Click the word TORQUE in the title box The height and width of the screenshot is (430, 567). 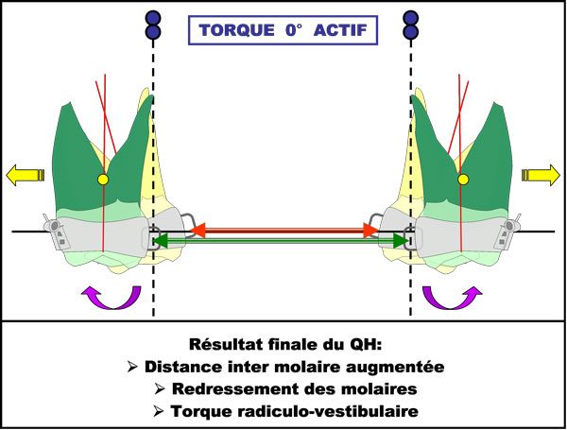tap(237, 30)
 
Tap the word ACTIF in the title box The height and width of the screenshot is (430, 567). tap(340, 30)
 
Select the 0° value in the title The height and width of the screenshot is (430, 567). tap(294, 30)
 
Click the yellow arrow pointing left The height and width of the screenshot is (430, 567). tap(25, 175)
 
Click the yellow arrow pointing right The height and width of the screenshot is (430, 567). tap(541, 175)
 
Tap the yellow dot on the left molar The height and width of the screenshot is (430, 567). tap(103, 180)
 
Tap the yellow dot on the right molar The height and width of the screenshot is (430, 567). tap(463, 180)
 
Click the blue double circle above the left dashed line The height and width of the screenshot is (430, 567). tap(153, 25)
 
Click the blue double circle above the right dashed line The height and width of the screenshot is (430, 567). tap(410, 25)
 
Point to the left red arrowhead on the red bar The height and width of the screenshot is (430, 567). tap(198, 231)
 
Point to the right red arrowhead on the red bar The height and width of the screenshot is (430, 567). tap(371, 231)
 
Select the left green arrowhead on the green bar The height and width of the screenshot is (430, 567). tap(161, 240)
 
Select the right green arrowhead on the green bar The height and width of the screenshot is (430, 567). tap(401, 240)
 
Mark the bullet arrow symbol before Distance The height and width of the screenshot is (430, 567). tap(132, 367)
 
